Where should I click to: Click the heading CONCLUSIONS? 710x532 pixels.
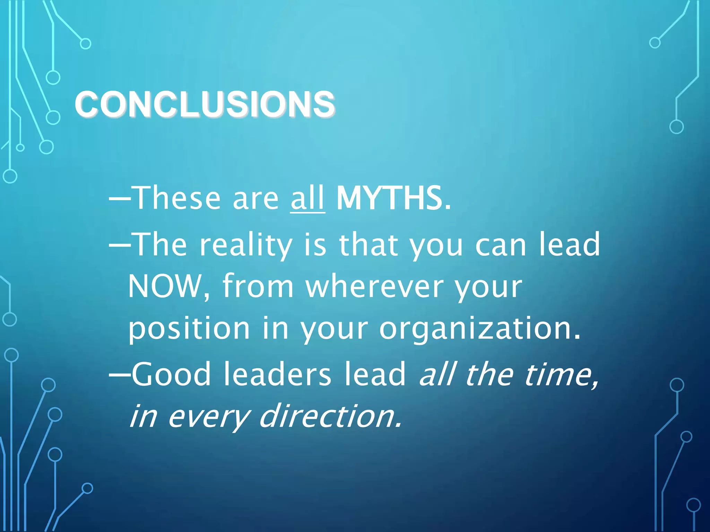click(x=205, y=104)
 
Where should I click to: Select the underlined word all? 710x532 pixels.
click(x=308, y=198)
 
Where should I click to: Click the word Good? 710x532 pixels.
click(x=171, y=374)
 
